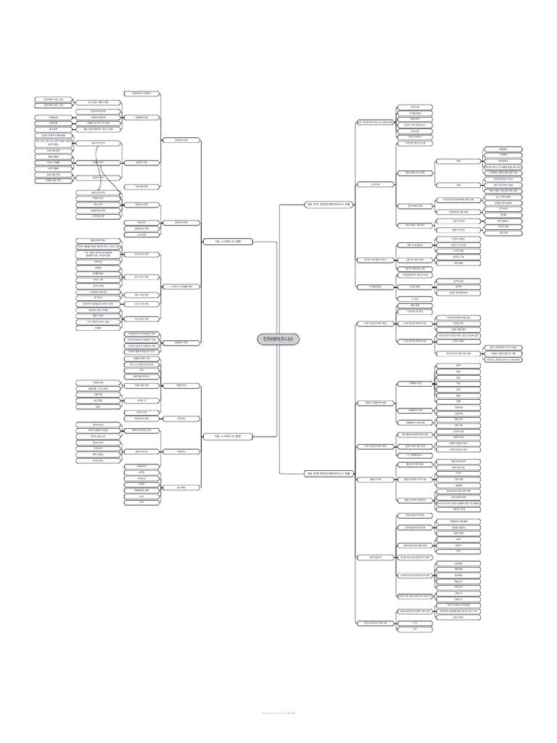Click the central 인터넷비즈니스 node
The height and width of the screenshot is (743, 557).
coord(278,339)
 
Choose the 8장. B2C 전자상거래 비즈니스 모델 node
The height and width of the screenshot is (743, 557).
coord(328,205)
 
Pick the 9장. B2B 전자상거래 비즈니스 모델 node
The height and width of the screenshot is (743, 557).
coord(328,473)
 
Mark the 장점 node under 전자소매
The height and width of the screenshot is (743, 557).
coord(458,160)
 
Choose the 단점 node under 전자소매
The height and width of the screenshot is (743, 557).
coord(458,185)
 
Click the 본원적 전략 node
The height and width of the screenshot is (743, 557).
coord(140,162)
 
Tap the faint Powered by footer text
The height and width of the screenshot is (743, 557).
coord(278,713)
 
